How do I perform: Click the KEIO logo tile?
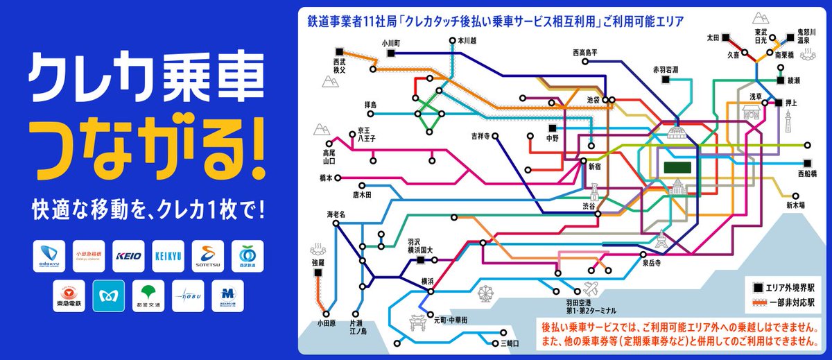click(x=128, y=256)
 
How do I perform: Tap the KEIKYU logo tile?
click(x=168, y=256)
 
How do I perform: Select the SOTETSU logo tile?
click(x=208, y=256)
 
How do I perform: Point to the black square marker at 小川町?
click(x=391, y=53)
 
